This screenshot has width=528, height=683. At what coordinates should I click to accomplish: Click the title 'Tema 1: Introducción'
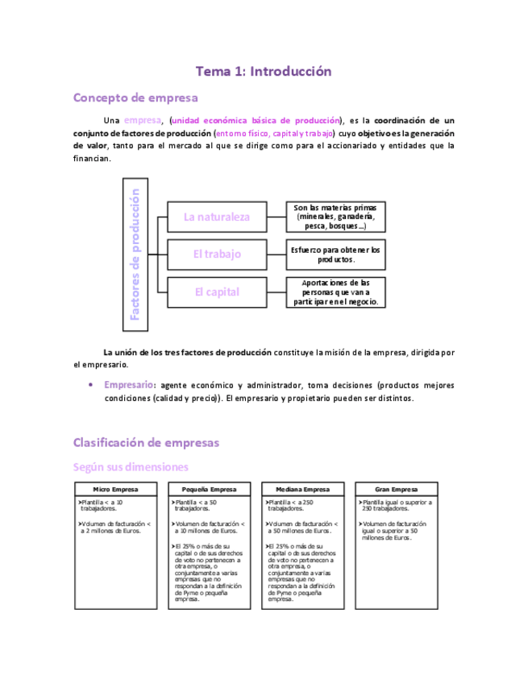tap(264, 72)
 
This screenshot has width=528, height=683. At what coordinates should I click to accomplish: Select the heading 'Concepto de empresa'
tap(135, 98)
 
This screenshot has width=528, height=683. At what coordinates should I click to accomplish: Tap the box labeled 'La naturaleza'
tap(217, 217)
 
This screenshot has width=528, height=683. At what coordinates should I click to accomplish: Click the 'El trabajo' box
tap(217, 255)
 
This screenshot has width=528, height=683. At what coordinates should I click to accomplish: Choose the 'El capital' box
tap(217, 292)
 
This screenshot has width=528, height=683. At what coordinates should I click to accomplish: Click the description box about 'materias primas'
tap(335, 217)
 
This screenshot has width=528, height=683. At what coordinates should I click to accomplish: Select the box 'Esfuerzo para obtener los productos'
tap(335, 255)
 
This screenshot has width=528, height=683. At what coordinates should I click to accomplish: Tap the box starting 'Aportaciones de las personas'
tap(335, 292)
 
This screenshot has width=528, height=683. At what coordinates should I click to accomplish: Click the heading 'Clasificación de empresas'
tap(146, 442)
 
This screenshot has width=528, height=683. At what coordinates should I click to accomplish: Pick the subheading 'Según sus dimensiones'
tap(131, 466)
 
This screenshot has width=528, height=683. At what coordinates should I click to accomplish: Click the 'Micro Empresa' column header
tap(114, 490)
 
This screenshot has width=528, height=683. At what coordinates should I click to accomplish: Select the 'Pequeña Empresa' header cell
tap(209, 490)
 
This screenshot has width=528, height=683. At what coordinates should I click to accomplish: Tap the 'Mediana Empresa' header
tap(302, 490)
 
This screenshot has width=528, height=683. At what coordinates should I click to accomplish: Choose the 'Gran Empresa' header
tap(396, 490)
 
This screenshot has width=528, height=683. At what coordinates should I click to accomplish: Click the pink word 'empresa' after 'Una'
tap(142, 120)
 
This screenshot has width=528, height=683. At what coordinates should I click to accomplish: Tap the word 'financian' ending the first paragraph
tap(91, 159)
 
